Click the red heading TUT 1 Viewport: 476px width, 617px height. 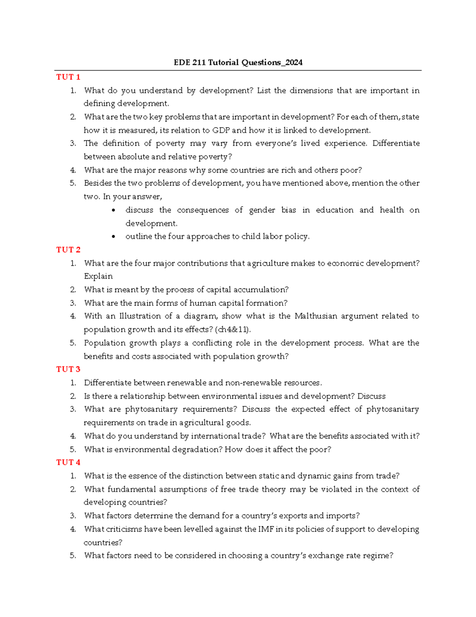point(68,77)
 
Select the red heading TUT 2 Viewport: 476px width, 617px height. point(68,250)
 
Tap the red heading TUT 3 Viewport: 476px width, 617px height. point(68,369)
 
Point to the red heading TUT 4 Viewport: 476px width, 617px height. point(68,462)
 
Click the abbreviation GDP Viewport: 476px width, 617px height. point(221,130)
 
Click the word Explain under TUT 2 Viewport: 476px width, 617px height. point(98,277)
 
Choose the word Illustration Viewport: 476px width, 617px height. point(139,316)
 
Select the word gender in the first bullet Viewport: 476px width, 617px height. point(262,210)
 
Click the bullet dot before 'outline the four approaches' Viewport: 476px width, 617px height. point(114,237)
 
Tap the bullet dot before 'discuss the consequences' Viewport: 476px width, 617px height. point(114,210)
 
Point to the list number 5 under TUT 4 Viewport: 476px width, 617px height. point(73,556)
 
